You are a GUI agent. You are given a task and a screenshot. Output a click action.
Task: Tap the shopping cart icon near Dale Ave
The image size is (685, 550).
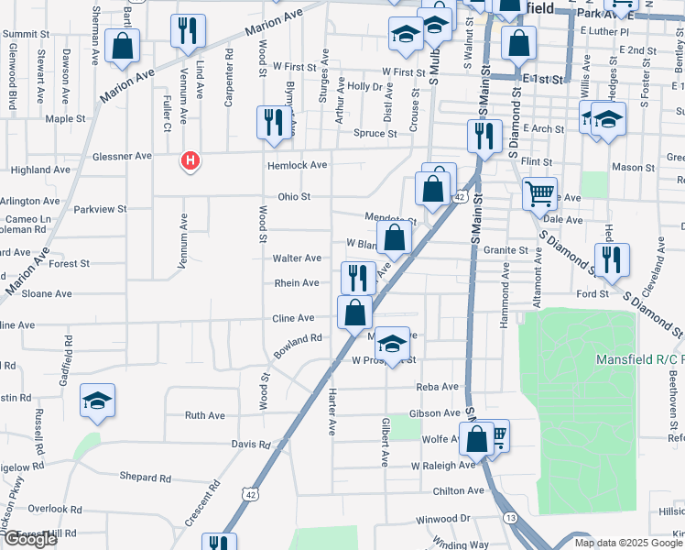pyautogui.click(x=539, y=193)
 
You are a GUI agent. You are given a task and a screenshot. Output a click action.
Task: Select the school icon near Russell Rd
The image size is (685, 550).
pyautogui.click(x=97, y=401)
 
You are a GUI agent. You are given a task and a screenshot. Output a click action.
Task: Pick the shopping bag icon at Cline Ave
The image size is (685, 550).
pyautogui.click(x=354, y=312)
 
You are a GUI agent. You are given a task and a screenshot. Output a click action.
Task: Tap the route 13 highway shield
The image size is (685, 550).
pyautogui.click(x=510, y=519)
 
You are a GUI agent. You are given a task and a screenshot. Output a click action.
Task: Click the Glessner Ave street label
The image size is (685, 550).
pyautogui.click(x=122, y=156)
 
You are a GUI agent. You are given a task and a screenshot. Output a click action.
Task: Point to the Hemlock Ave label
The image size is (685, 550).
pyautogui.click(x=297, y=165)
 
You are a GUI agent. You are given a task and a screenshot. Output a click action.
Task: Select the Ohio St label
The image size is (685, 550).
pyautogui.click(x=295, y=196)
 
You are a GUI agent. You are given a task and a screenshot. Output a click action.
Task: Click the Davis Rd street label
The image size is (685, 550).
pyautogui.click(x=251, y=444)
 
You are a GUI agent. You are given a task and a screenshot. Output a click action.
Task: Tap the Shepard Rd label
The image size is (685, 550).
pyautogui.click(x=146, y=478)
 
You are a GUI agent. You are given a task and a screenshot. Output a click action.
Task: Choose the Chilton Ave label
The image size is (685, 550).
pyautogui.click(x=459, y=490)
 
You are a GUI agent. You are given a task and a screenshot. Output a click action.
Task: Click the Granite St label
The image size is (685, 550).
pyautogui.click(x=507, y=249)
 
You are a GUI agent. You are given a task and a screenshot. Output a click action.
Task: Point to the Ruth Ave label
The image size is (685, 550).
pyautogui.click(x=204, y=415)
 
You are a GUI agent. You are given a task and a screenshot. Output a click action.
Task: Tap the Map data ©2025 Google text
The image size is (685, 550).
pyautogui.click(x=627, y=543)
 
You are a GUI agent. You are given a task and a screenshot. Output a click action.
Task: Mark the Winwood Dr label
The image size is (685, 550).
pyautogui.click(x=442, y=519)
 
